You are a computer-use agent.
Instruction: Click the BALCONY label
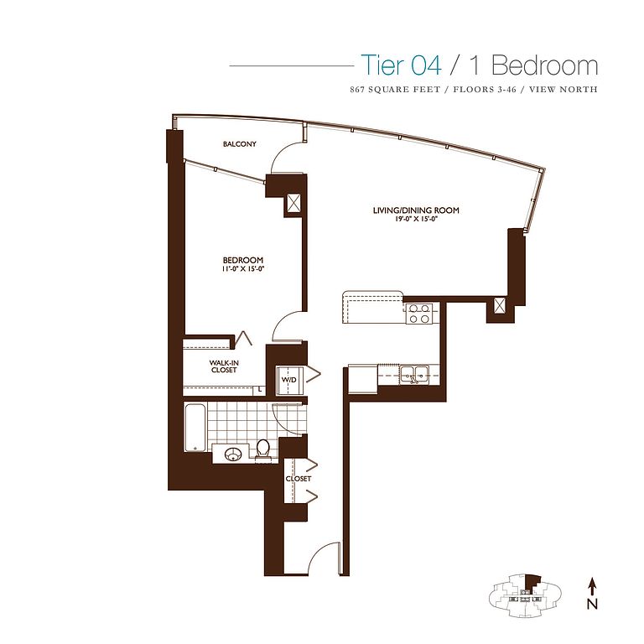click(240, 144)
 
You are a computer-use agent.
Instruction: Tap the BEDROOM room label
click(242, 260)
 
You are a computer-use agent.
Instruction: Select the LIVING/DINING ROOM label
click(416, 210)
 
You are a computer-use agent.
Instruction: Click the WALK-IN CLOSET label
click(224, 366)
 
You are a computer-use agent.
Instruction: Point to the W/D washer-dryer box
click(289, 380)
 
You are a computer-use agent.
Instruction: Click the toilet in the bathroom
click(262, 449)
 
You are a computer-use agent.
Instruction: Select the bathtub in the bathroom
click(195, 428)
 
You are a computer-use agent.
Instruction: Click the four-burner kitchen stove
click(419, 314)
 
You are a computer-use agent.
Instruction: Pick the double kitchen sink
click(414, 374)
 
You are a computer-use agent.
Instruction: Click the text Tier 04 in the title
click(402, 65)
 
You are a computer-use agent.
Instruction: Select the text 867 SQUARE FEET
click(395, 89)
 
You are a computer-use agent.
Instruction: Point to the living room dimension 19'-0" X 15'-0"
click(417, 219)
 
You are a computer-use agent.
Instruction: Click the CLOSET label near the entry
click(299, 479)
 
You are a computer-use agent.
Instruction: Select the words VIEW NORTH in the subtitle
click(563, 89)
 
